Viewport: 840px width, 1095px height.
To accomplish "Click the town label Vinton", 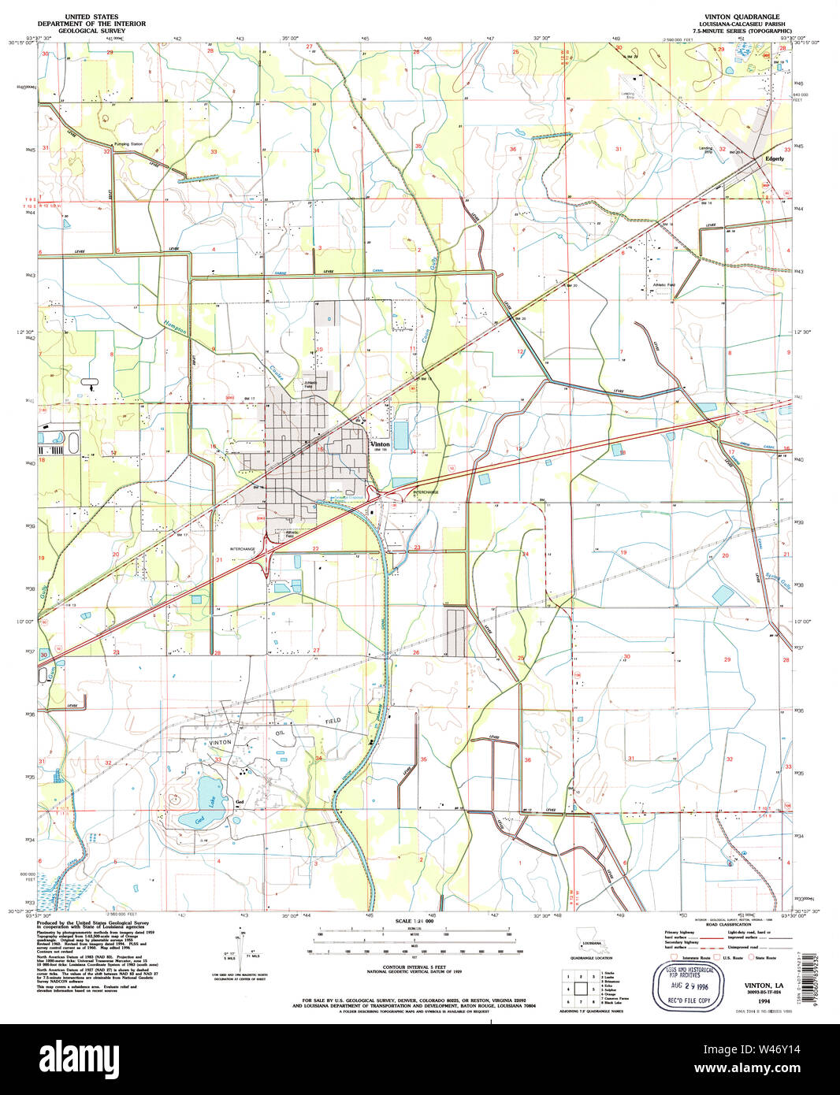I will (380, 444).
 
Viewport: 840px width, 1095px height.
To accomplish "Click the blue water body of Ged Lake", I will (209, 789).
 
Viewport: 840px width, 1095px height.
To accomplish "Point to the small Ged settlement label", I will (240, 804).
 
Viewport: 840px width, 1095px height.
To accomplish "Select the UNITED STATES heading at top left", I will (94, 17).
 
